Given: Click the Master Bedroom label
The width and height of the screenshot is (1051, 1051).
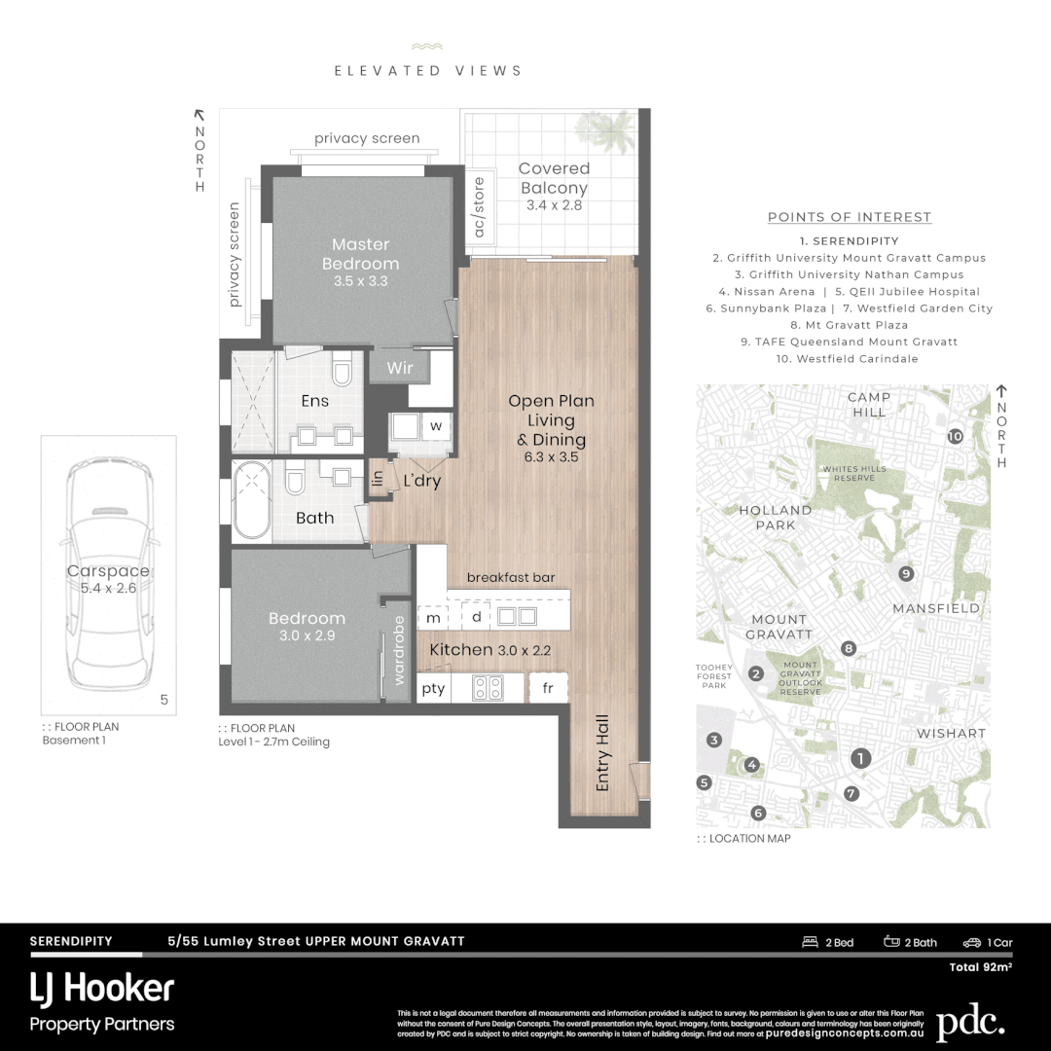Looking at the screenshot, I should [360, 254].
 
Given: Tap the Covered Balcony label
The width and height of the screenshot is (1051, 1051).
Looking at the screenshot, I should [553, 178].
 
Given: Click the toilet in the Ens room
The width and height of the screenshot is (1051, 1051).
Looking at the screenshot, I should [342, 372].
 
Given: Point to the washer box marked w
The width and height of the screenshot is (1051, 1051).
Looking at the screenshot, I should [436, 425].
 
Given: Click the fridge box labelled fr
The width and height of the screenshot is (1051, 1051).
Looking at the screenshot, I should [547, 688].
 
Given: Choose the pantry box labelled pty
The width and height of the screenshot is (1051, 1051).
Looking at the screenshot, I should [433, 688].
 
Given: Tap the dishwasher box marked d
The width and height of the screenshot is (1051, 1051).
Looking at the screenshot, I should [476, 617].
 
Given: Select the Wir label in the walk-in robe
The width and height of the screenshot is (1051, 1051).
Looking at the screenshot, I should [400, 368].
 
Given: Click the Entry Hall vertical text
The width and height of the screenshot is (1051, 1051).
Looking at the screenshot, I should [603, 752].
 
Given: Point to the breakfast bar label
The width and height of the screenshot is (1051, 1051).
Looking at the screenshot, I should [511, 577].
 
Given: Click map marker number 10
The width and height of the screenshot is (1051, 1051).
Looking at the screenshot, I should [955, 437].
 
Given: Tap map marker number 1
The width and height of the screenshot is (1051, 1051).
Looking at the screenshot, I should [859, 757].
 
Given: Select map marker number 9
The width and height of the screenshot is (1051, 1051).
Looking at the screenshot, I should [906, 573].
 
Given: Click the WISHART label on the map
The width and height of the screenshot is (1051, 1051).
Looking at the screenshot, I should [951, 733].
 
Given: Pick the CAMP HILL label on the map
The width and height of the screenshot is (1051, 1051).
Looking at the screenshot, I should [869, 405].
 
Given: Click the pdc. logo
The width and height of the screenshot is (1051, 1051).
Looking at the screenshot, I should [970, 1023].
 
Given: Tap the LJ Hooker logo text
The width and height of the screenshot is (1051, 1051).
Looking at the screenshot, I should [102, 989].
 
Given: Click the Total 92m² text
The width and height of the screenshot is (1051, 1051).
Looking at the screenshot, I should [981, 967].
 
